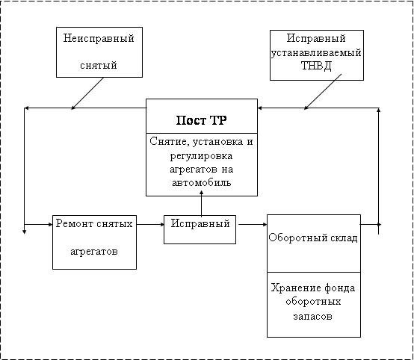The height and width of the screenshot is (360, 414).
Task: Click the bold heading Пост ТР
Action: pyautogui.click(x=202, y=120)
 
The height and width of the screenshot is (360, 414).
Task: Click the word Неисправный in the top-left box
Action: pyautogui.click(x=99, y=39)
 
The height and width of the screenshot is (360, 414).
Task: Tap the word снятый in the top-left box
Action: pyautogui.click(x=99, y=65)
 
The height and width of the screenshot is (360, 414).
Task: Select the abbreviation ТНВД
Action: pyautogui.click(x=316, y=66)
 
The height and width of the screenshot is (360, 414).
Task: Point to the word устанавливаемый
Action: pyautogui.click(x=316, y=52)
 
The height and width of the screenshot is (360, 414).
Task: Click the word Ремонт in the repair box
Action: pyautogui.click(x=74, y=224)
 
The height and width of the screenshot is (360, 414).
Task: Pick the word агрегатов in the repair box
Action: pyautogui.click(x=94, y=252)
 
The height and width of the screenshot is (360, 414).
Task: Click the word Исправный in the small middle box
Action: pyautogui.click(x=200, y=224)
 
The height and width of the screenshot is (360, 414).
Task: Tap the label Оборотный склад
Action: pyautogui.click(x=313, y=238)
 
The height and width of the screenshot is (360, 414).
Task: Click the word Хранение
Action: pyautogui.click(x=291, y=288)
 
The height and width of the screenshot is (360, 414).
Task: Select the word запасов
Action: pyautogui.click(x=312, y=316)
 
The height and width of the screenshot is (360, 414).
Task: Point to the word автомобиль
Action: pyautogui.click(x=202, y=183)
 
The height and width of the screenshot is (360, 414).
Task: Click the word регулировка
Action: pyautogui.click(x=201, y=156)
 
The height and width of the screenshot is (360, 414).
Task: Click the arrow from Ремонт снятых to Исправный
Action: pyautogui.click(x=150, y=225)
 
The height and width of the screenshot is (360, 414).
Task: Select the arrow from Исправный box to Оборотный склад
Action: pyautogui.click(x=253, y=225)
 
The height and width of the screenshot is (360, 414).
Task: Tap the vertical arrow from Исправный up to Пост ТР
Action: pyautogui.click(x=202, y=203)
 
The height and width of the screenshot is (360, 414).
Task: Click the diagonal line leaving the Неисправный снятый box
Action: pyautogui.click(x=87, y=93)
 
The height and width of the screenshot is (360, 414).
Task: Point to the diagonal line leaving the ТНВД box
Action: pyautogui.click(x=323, y=92)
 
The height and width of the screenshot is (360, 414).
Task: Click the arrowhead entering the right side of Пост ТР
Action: pyautogui.click(x=260, y=108)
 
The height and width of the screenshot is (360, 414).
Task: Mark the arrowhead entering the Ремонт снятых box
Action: pyautogui.click(x=50, y=225)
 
